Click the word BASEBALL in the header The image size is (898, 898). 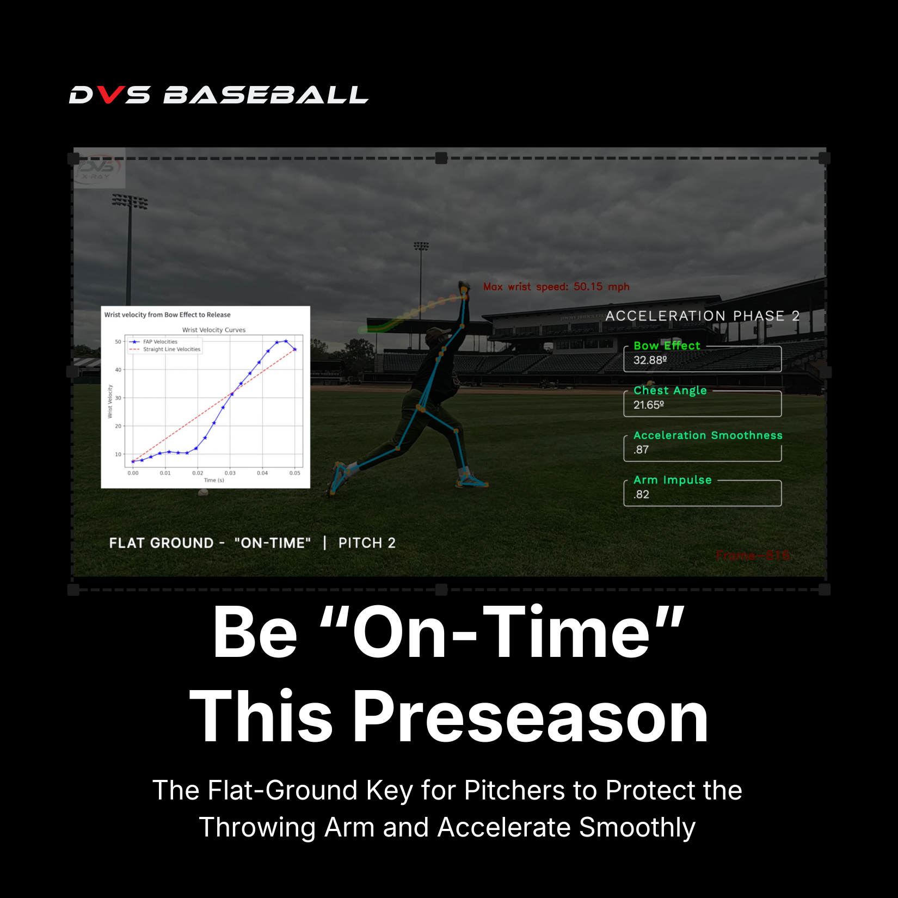[x=266, y=95]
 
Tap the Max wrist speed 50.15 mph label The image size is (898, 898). [x=556, y=287]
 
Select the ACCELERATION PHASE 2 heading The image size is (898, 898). [x=702, y=316]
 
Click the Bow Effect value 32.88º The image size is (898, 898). [x=650, y=360]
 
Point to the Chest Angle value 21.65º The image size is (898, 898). [x=648, y=405]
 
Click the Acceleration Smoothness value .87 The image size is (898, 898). [x=641, y=450]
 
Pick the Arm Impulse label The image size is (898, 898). [x=672, y=480]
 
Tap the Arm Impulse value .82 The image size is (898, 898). [x=641, y=495]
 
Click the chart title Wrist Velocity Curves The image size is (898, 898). [x=213, y=330]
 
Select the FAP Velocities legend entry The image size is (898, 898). [x=159, y=342]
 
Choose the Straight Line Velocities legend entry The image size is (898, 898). [x=171, y=349]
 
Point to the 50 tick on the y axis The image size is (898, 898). [x=118, y=342]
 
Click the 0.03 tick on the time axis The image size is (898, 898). [x=230, y=473]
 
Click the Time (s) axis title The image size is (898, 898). [x=213, y=480]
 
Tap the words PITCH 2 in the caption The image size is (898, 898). [x=366, y=543]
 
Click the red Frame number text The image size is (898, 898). [x=752, y=556]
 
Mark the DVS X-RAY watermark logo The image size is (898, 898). [x=99, y=169]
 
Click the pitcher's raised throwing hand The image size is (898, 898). [x=464, y=287]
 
